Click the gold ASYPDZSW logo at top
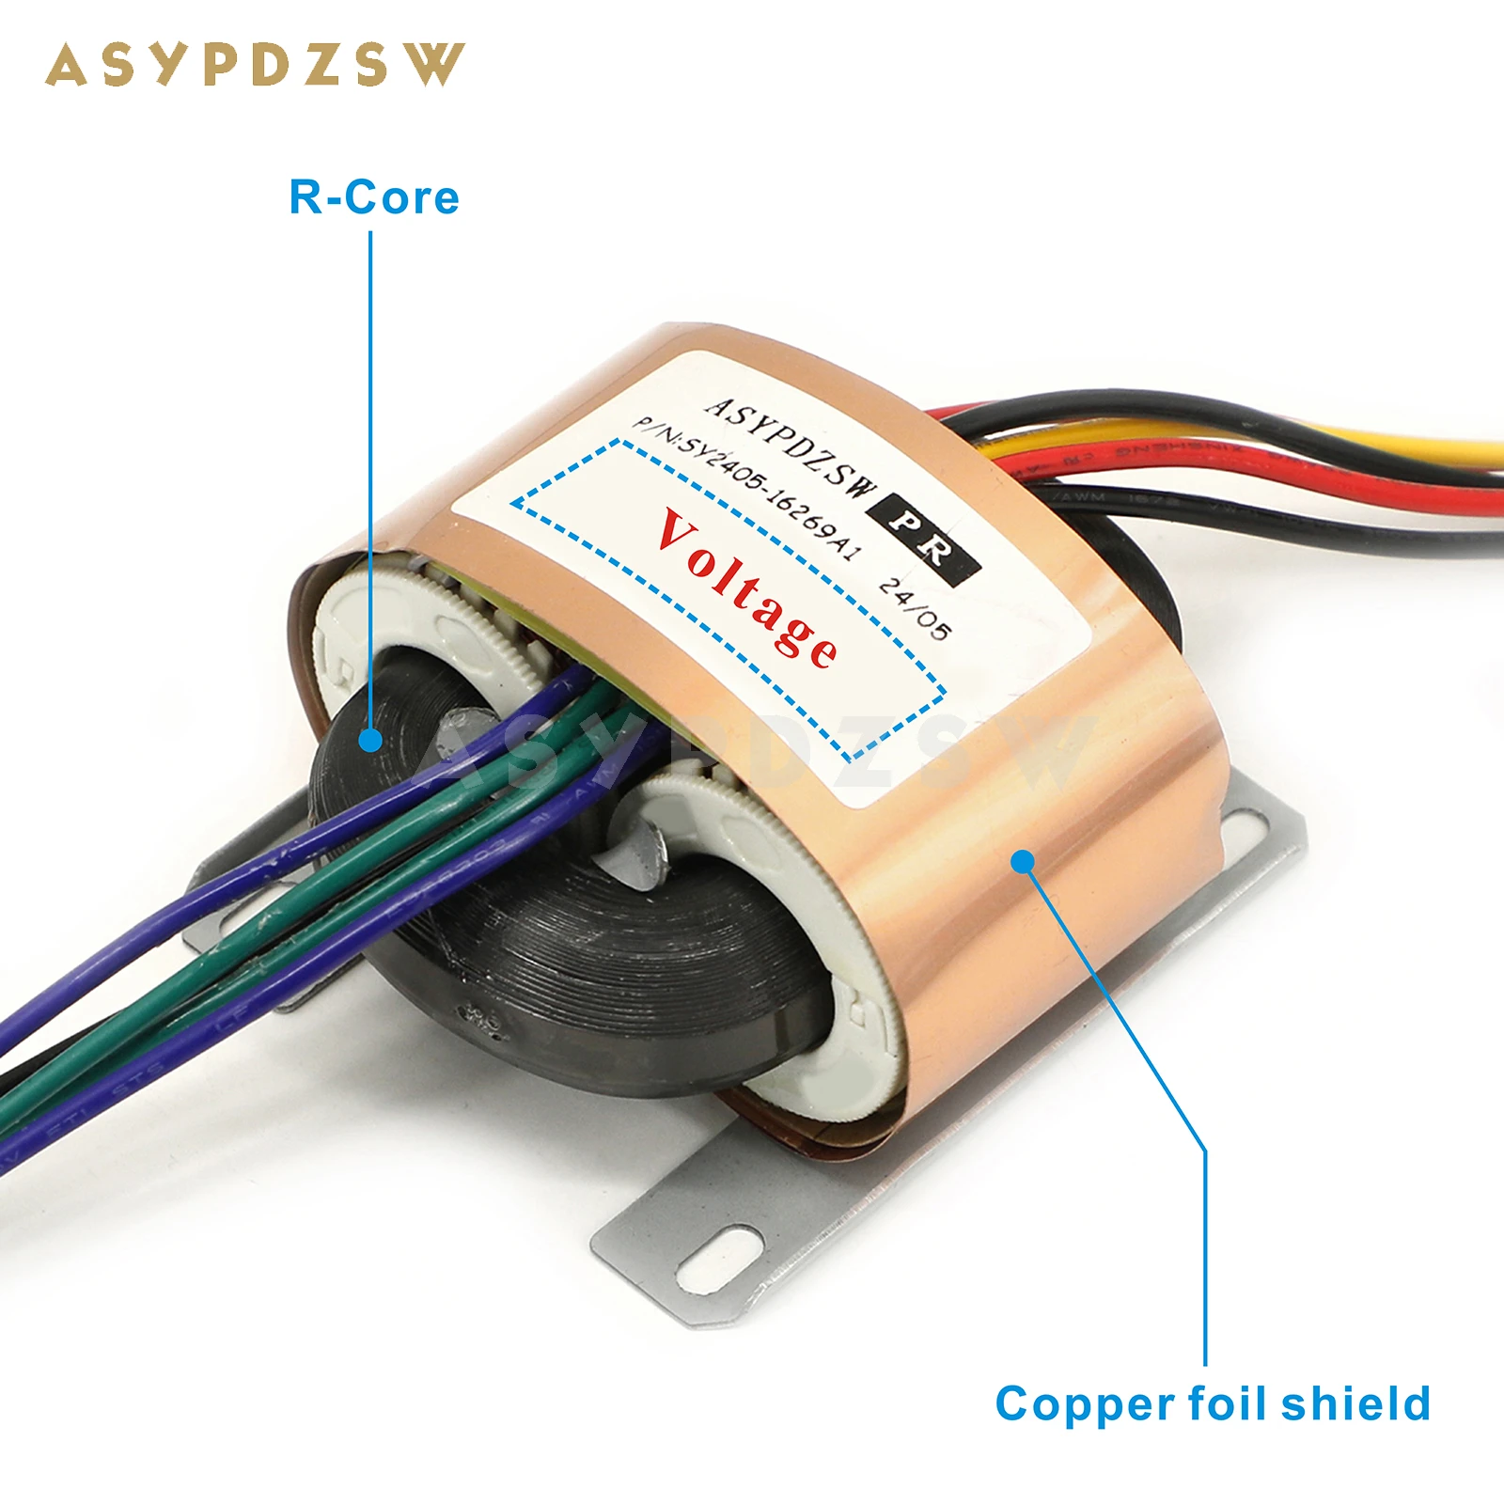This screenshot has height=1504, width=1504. pyautogui.click(x=254, y=66)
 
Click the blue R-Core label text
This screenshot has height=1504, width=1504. pyautogui.click(x=374, y=197)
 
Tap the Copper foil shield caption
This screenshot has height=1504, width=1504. pyautogui.click(x=1213, y=1404)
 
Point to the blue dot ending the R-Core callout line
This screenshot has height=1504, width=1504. pyautogui.click(x=370, y=740)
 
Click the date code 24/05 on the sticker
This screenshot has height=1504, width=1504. pyautogui.click(x=914, y=609)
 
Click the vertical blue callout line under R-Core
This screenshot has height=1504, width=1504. pyautogui.click(x=370, y=470)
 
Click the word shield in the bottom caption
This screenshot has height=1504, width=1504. pyautogui.click(x=1355, y=1404)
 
